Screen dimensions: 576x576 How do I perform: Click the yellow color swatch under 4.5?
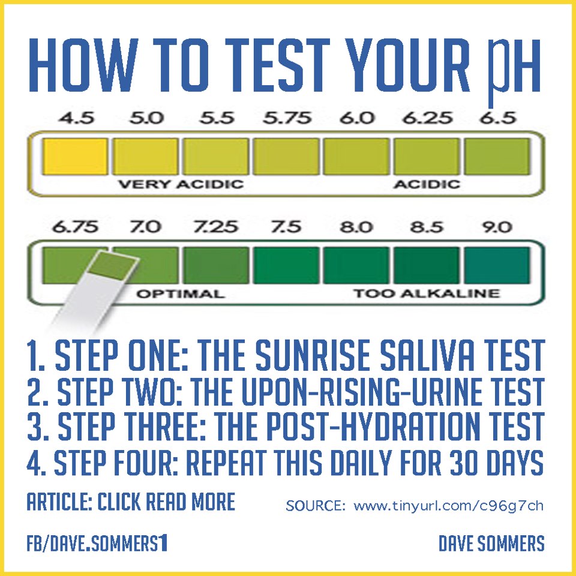pos(75,157)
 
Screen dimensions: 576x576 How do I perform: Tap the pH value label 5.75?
pos(287,118)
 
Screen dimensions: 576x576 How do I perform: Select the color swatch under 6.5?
pos(497,157)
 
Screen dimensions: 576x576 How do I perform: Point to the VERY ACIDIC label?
pos(181,184)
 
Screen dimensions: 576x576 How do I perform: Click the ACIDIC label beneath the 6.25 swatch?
pos(427,184)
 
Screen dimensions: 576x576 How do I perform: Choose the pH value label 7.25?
pos(215,227)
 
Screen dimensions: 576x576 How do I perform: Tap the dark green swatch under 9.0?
pos(497,265)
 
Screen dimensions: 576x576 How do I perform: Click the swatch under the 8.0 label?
pos(356,265)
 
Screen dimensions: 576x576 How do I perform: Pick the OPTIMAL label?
pos(181,294)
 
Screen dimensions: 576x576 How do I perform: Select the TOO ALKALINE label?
pos(427,293)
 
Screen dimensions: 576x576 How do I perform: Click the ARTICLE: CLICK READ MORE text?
pos(131,502)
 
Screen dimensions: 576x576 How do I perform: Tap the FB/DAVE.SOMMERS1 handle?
pos(97,544)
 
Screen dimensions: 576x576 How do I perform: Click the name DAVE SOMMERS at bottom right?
pos(491,544)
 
